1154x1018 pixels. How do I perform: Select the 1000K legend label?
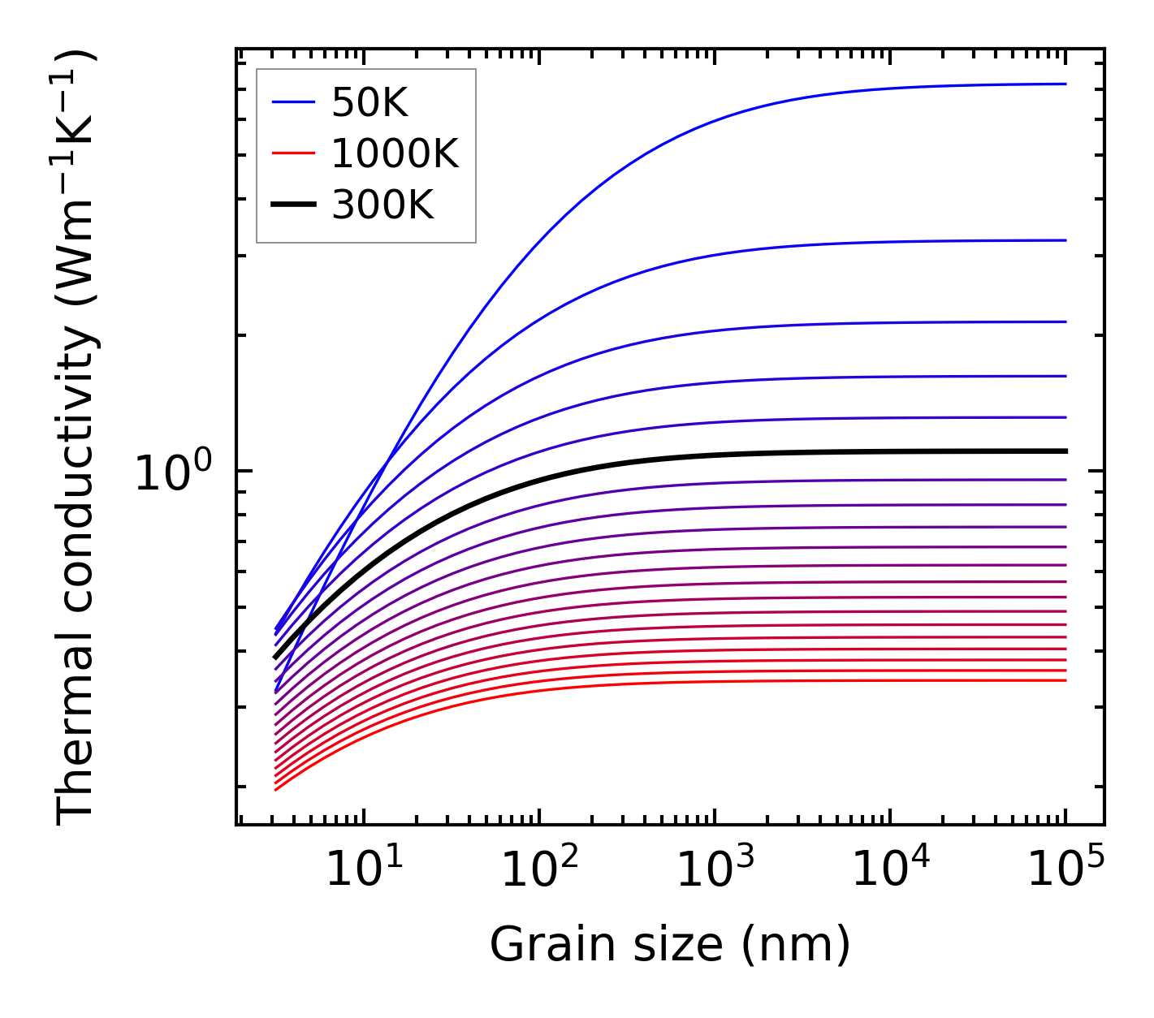point(395,153)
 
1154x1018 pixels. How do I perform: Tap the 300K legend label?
point(383,205)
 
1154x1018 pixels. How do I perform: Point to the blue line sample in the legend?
point(292,102)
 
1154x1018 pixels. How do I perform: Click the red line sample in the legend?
point(292,153)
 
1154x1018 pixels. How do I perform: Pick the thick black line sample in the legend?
point(292,205)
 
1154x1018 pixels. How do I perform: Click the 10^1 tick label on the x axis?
point(364,870)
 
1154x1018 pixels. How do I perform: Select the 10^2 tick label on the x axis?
point(539,870)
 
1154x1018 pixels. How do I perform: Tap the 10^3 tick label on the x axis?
point(715,870)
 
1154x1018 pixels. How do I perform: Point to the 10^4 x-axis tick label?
point(890,870)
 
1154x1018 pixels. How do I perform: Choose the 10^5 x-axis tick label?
point(1065,870)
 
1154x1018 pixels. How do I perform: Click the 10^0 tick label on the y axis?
point(173,472)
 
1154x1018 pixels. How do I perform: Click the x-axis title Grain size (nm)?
point(670,944)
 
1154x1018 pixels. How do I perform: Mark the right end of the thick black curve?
point(1065,451)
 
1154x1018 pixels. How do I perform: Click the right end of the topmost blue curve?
point(1065,84)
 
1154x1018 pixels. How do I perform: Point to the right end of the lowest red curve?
point(1065,680)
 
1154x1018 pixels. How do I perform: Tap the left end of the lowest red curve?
point(276,789)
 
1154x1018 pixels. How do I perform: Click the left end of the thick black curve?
point(275,657)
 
